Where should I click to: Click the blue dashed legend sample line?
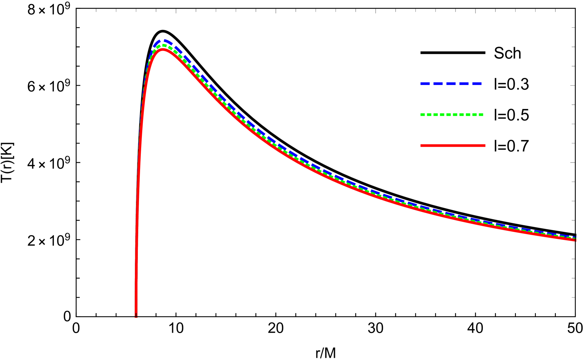coord(451,84)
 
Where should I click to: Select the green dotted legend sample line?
coord(451,115)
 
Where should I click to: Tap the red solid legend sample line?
coord(453,145)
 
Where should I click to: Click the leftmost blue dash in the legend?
coord(425,84)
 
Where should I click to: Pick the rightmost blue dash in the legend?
coord(477,84)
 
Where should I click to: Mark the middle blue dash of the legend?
coord(451,84)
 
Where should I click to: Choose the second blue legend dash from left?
coord(438,84)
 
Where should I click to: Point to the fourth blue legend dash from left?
coord(464,84)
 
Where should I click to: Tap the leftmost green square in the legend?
coord(422,115)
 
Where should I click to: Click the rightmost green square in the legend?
coord(481,115)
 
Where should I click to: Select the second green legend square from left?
coord(429,115)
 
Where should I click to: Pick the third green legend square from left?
coord(436,115)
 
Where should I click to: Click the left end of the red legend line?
coord(421,145)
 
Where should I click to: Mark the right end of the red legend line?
coord(485,145)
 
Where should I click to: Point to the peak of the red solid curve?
coord(163,49)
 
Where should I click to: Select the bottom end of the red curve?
coord(136,316)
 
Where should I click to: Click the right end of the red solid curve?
coord(575,240)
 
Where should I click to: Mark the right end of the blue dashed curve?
coord(575,237)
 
